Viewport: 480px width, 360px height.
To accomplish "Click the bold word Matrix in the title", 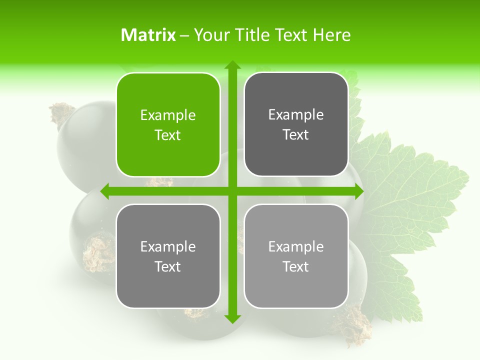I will click(x=148, y=35).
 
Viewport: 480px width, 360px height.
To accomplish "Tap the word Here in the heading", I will click(x=332, y=35).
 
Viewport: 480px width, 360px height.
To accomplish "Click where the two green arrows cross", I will click(x=232, y=191).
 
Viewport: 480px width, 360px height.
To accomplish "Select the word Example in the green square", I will click(x=168, y=115).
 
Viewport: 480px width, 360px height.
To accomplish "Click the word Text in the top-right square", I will click(x=296, y=135).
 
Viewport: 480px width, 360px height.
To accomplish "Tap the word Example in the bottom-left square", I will click(x=168, y=246).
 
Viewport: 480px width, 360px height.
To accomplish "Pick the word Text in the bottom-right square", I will click(x=296, y=266).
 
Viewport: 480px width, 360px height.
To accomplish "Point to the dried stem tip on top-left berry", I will click(x=61, y=113).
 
